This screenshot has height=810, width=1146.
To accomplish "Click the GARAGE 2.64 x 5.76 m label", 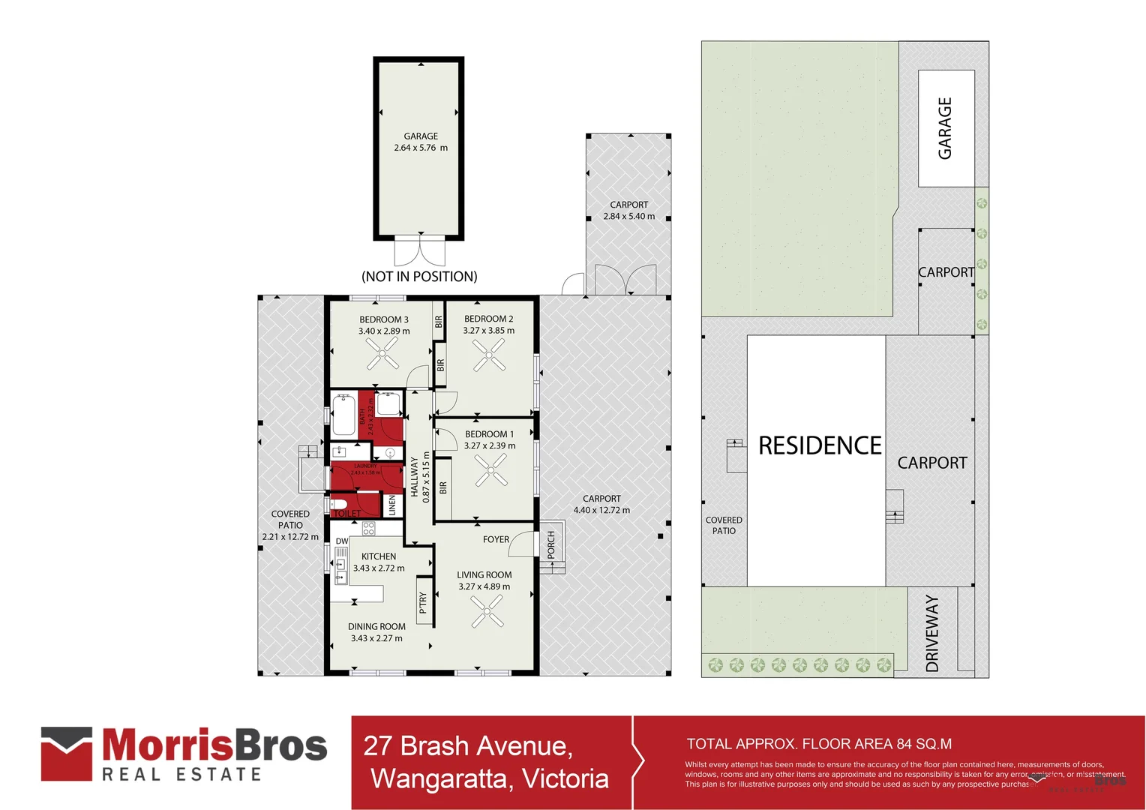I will click(420, 142).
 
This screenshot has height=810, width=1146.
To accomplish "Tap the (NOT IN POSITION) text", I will click(419, 276).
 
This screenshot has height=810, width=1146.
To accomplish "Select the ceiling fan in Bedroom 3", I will click(382, 353).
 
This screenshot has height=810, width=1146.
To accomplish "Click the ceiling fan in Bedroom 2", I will click(489, 355).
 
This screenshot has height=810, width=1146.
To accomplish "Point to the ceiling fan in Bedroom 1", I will click(490, 472).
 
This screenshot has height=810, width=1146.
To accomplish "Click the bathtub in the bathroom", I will click(343, 414).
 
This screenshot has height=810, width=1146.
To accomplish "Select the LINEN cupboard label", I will click(391, 505).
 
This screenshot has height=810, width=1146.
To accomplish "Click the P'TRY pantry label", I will click(423, 602).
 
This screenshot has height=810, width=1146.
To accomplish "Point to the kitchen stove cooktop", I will click(368, 528).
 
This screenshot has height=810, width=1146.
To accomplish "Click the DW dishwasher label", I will click(341, 541).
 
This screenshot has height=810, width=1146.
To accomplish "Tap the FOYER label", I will click(496, 539).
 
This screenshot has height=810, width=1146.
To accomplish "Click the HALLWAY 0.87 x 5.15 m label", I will click(420, 477).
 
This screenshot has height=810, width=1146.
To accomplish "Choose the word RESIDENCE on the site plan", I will click(819, 445).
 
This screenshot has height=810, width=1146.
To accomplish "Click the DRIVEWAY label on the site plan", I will click(931, 633).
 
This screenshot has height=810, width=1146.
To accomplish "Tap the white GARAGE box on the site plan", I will click(946, 128).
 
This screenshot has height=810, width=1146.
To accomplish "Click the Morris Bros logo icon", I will click(67, 753).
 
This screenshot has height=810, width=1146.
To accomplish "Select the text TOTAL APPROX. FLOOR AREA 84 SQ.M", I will click(819, 744).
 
